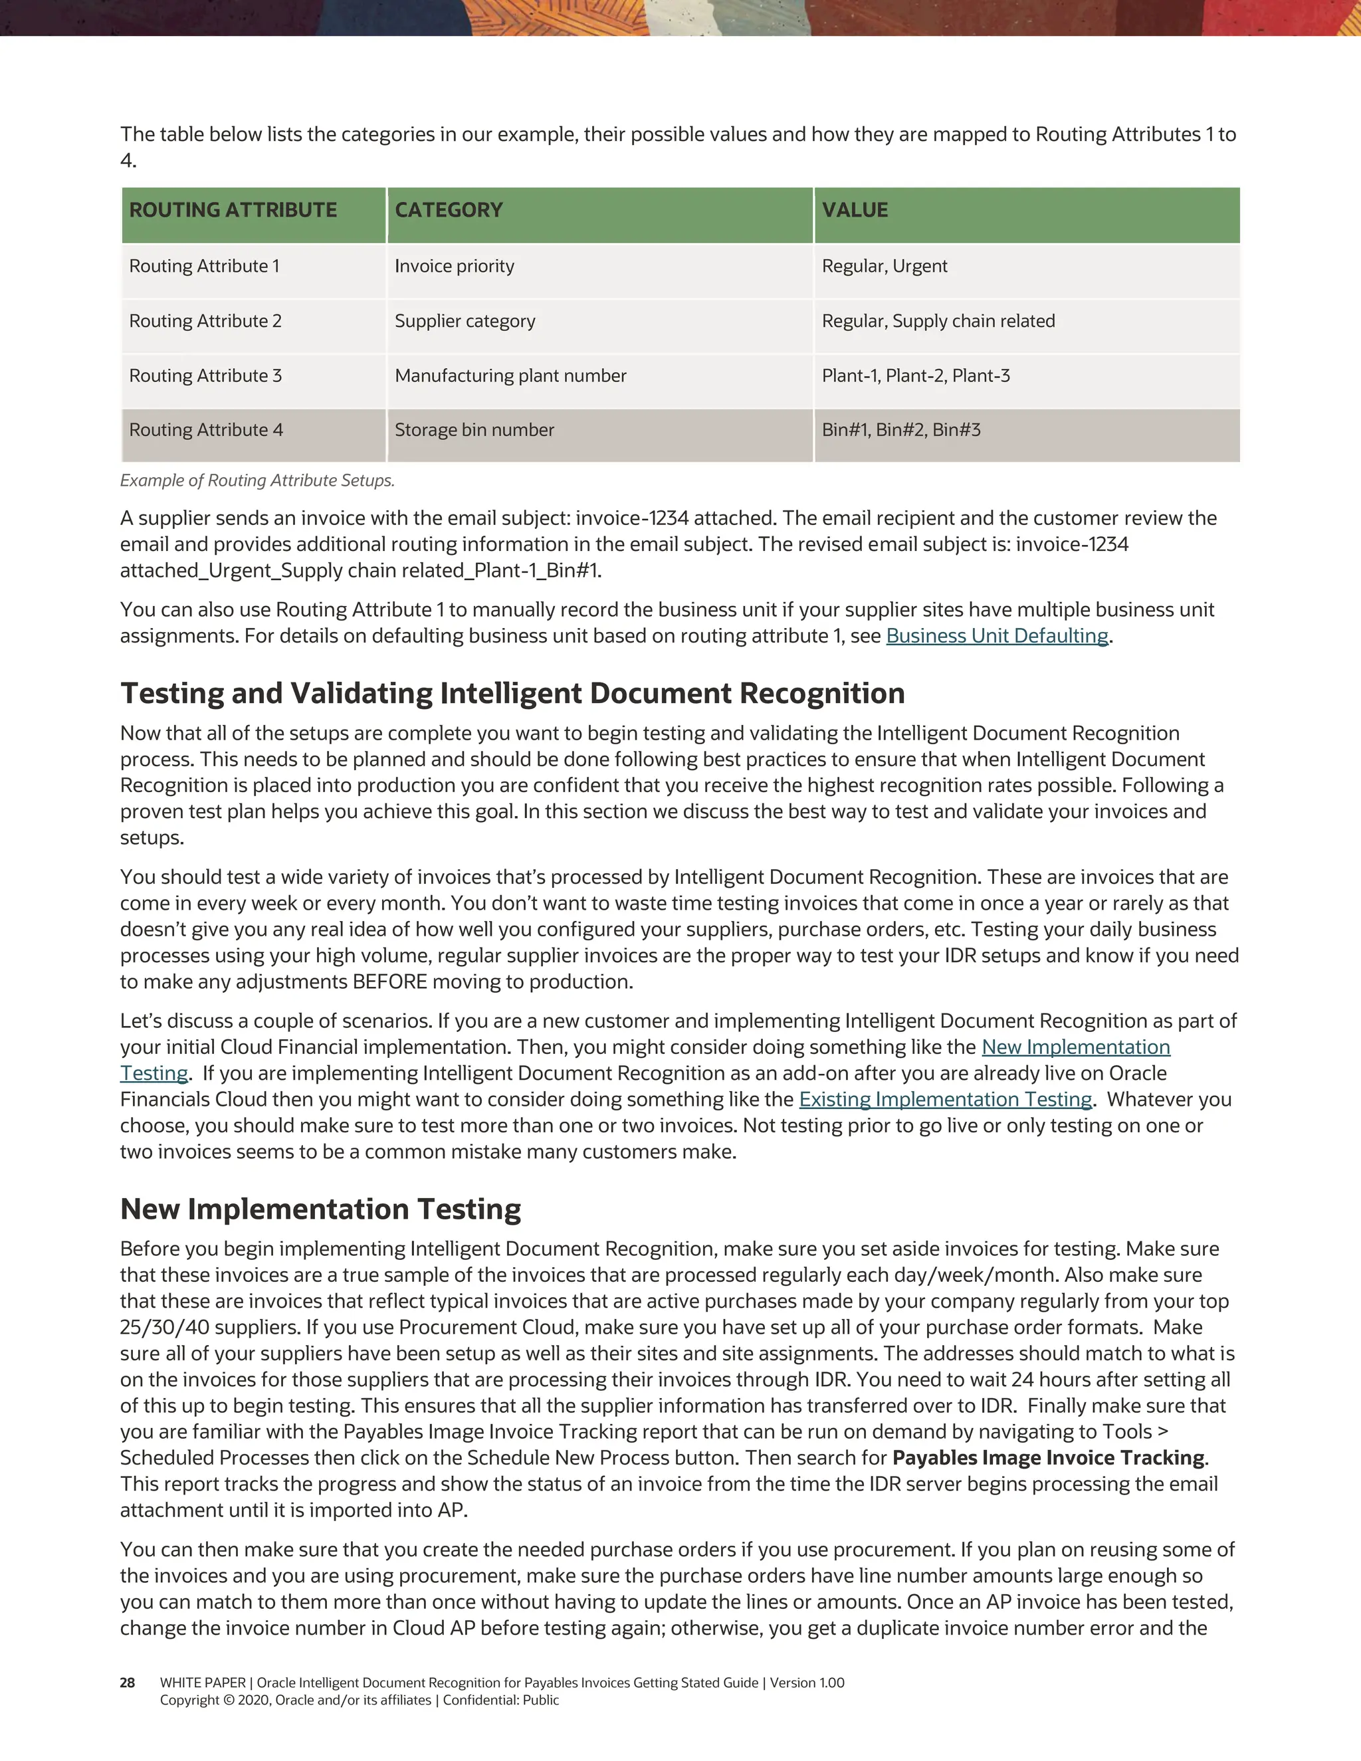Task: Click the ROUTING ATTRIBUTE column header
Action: pyautogui.click(x=233, y=211)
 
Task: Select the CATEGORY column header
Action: pyautogui.click(x=449, y=211)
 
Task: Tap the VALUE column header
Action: pyautogui.click(x=855, y=211)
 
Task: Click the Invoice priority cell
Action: pyautogui.click(x=454, y=266)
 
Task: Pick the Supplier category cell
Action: pyautogui.click(x=465, y=321)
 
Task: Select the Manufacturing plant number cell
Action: pyautogui.click(x=510, y=375)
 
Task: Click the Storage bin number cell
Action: pyautogui.click(x=474, y=431)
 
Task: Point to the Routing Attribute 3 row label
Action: pyautogui.click(x=205, y=375)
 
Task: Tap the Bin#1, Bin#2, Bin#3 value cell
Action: pyautogui.click(x=900, y=431)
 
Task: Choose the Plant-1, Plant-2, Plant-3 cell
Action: pyautogui.click(x=915, y=375)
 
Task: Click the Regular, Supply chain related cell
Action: pyautogui.click(x=938, y=321)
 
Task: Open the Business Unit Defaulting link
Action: pyautogui.click(x=997, y=636)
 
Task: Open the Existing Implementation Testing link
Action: pyautogui.click(x=945, y=1100)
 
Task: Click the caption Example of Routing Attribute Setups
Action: pyautogui.click(x=257, y=480)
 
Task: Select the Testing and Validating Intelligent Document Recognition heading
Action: pyautogui.click(x=512, y=693)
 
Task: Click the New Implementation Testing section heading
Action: pyautogui.click(x=320, y=1209)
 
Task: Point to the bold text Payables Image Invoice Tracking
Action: pyautogui.click(x=1048, y=1458)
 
